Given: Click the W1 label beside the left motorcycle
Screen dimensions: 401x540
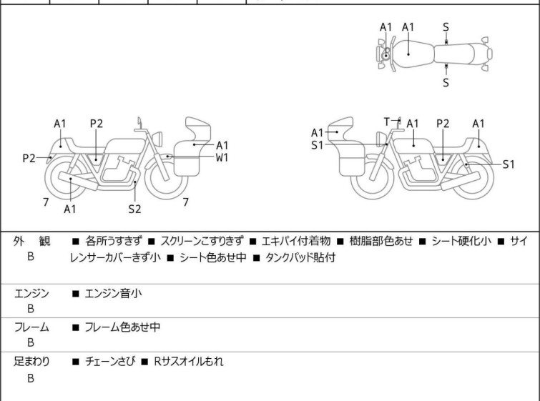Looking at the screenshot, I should point(222,157).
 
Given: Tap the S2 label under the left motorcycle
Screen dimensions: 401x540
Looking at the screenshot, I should point(134,209).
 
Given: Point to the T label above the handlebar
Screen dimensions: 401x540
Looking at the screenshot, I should point(387,122).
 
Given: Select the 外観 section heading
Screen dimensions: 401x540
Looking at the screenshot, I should point(31,241).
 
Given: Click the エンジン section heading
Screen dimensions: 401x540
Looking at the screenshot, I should point(31,293).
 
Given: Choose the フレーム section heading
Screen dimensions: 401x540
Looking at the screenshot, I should point(31,327).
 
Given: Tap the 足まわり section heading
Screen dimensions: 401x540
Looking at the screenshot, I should point(31,362).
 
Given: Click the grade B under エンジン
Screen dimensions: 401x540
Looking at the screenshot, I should point(31,309).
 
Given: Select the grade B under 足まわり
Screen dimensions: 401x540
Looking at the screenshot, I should point(31,378).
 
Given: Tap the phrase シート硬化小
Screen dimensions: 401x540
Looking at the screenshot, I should point(461,241).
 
